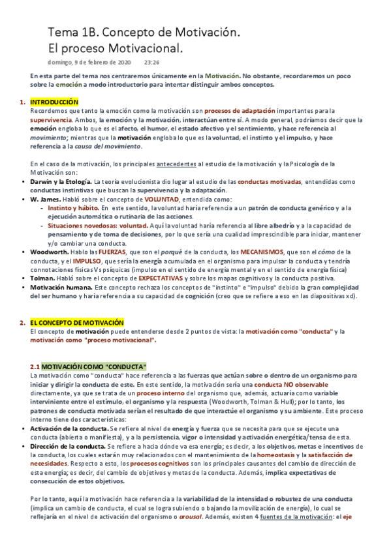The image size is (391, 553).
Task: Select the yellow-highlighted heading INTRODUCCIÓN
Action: point(54,102)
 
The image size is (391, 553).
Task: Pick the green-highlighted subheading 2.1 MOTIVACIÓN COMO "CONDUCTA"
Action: point(89,366)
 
